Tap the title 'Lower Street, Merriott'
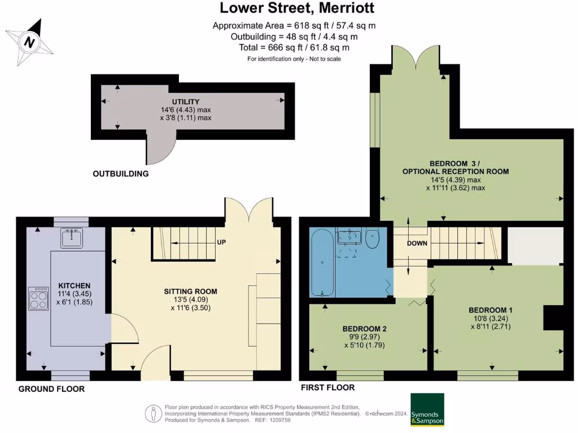(x=296, y=8)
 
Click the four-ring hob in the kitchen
(x=38, y=299)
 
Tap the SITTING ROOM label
(x=190, y=291)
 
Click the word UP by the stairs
(x=222, y=242)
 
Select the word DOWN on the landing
(x=417, y=244)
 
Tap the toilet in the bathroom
(x=373, y=239)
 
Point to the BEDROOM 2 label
(x=364, y=329)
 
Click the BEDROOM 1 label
(x=491, y=310)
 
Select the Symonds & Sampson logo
(x=427, y=409)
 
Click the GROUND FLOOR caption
(x=51, y=389)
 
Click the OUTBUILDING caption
(x=120, y=174)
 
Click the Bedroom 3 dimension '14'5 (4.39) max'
(x=456, y=180)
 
